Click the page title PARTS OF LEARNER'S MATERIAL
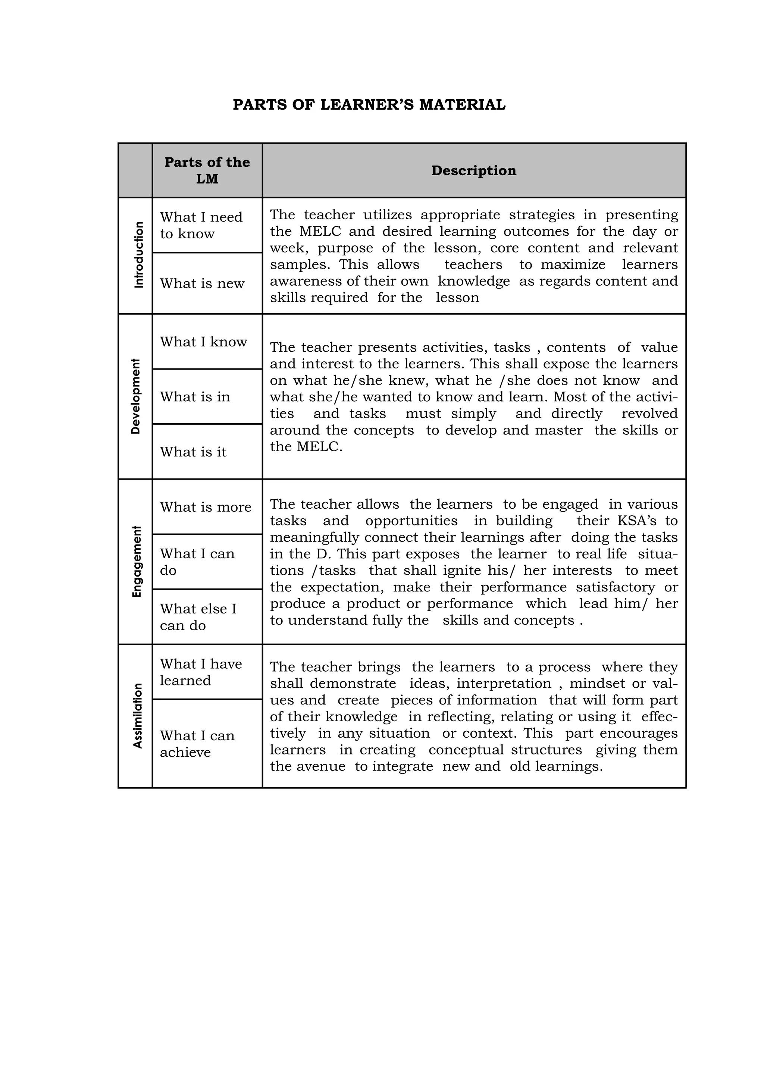click(x=369, y=104)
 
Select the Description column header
click(x=473, y=170)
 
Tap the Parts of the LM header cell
click(x=207, y=170)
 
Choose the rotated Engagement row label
click(x=137, y=561)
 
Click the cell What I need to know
click(x=201, y=225)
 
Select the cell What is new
click(x=202, y=283)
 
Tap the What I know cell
click(x=203, y=342)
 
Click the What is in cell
click(x=195, y=396)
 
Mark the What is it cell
click(x=193, y=452)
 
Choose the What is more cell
click(x=206, y=506)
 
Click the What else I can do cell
click(x=198, y=617)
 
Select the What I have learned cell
click(x=201, y=672)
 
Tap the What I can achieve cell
click(x=197, y=743)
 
